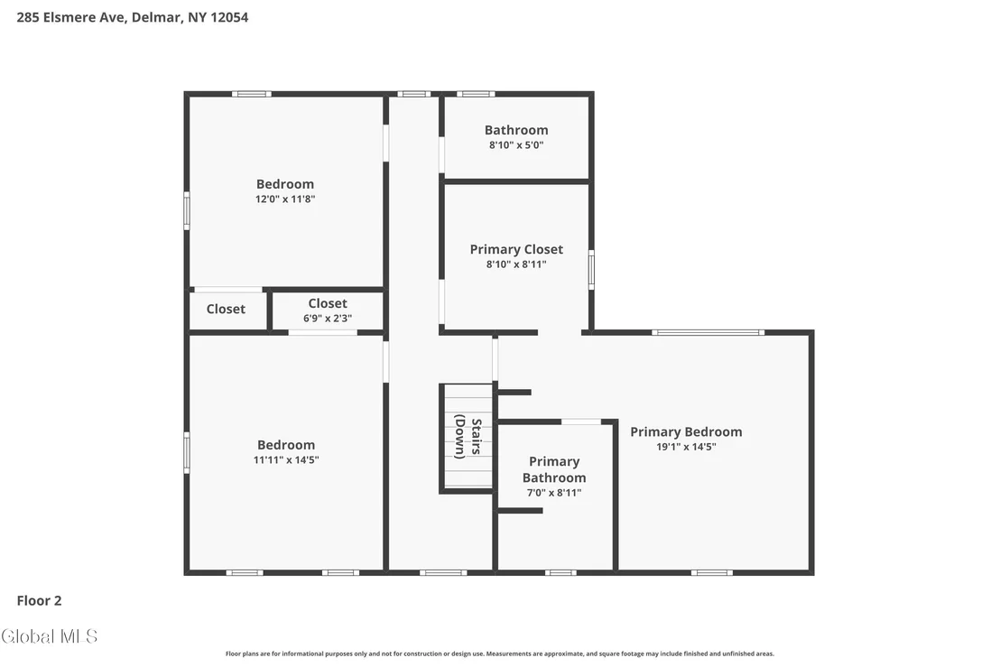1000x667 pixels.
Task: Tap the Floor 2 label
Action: coord(39,601)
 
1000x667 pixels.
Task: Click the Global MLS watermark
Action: coord(49,636)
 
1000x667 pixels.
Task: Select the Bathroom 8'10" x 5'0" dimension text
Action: coord(516,145)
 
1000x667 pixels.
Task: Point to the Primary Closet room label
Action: coord(516,249)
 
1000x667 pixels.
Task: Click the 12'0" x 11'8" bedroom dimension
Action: coord(285,199)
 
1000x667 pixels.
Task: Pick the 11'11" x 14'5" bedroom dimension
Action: coord(286,459)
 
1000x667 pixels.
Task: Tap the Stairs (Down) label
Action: coord(468,436)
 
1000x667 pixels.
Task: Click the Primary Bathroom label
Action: coord(554,469)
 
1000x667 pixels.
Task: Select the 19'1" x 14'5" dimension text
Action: coord(686,447)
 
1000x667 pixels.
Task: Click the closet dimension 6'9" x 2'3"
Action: coord(328,319)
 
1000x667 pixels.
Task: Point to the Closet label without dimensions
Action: coord(226,310)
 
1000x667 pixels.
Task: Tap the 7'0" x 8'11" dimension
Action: coord(554,493)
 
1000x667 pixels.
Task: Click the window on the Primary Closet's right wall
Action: coord(591,270)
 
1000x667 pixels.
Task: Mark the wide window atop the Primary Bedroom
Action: coord(708,332)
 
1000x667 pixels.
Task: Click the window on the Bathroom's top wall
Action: coord(475,94)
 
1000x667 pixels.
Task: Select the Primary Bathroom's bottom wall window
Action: coord(560,572)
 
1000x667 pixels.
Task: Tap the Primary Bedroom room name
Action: coord(686,431)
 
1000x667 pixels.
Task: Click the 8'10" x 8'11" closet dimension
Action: coord(516,264)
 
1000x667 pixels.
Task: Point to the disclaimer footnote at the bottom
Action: coord(500,653)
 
